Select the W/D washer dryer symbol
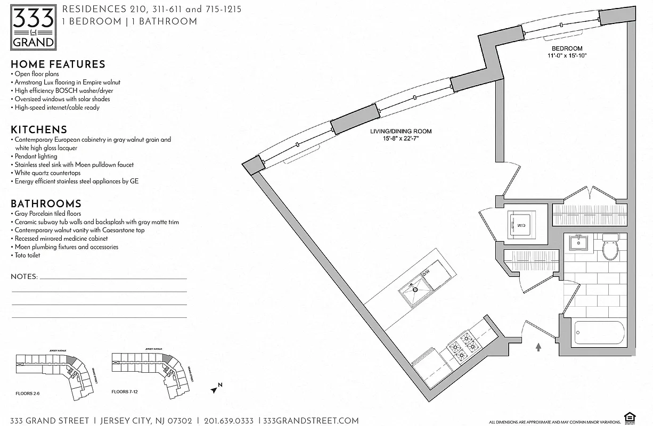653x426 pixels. point(520,225)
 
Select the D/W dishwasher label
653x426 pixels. point(426,273)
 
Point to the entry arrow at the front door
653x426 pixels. point(538,347)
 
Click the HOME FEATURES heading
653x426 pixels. point(58,64)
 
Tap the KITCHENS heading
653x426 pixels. point(39,130)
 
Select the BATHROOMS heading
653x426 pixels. point(46,204)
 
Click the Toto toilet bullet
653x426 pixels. point(27,256)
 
